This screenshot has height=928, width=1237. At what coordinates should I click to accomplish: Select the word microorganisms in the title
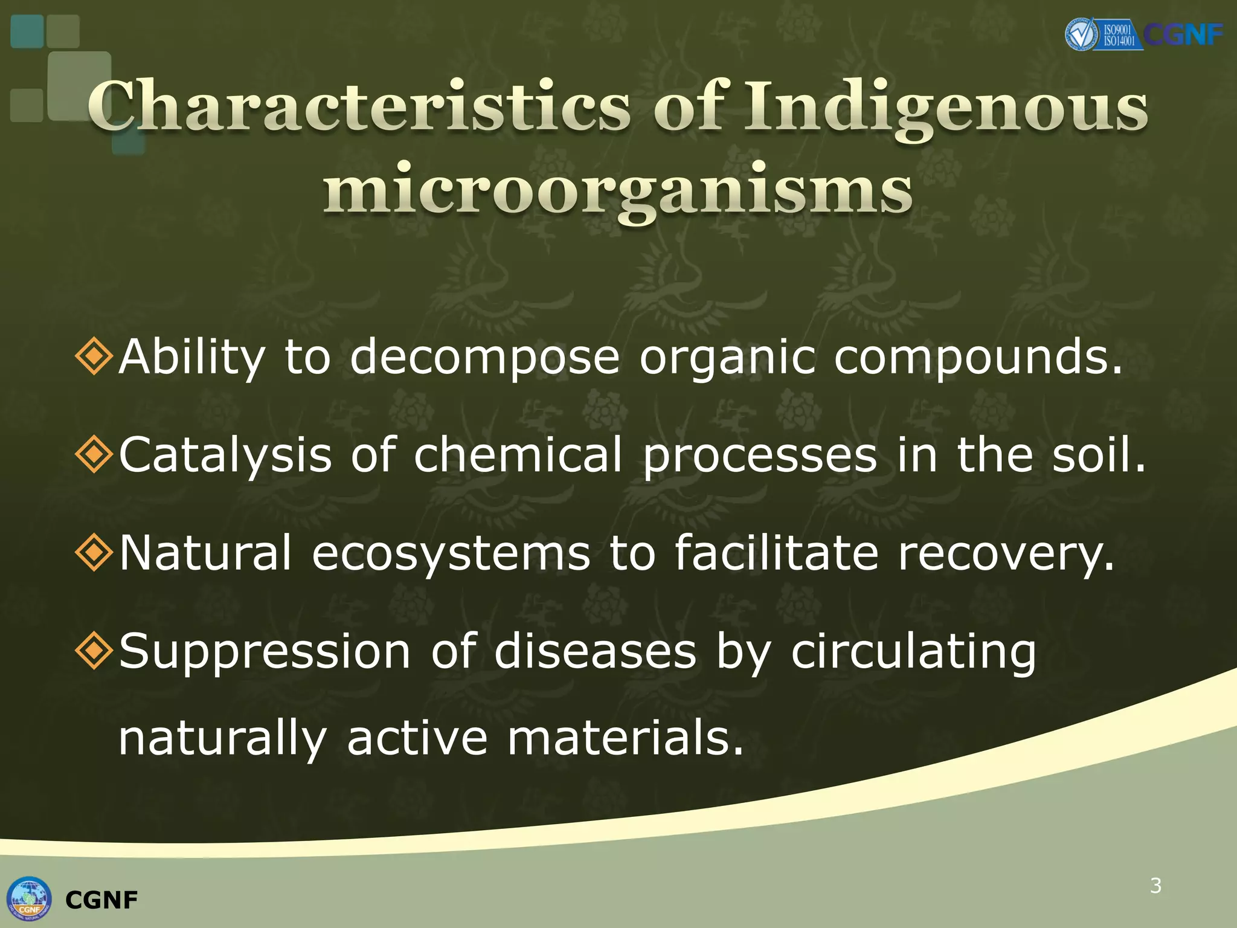tap(617, 190)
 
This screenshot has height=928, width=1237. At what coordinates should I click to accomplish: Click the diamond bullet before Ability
tap(94, 356)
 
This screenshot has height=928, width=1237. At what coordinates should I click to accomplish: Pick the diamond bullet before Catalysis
tap(94, 454)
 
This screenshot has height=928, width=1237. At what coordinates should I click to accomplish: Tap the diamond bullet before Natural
tap(94, 552)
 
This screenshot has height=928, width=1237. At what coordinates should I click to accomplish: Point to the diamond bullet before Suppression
tap(94, 651)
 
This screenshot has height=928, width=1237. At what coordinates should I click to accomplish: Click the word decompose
tap(484, 358)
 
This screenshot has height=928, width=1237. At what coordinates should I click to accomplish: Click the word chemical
tap(518, 454)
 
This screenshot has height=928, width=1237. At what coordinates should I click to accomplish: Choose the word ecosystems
tap(451, 553)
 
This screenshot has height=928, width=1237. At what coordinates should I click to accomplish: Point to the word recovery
tap(1005, 553)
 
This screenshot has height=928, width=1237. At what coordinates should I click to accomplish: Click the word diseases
tap(595, 651)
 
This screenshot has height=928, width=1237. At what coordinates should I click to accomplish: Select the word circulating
tap(913, 652)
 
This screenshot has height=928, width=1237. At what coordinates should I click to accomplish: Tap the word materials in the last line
tap(625, 738)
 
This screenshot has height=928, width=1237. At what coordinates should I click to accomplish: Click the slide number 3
tap(1155, 886)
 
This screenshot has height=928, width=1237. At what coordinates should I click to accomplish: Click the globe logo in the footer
tap(29, 898)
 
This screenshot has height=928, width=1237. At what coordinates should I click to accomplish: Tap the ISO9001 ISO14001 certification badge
tap(1104, 35)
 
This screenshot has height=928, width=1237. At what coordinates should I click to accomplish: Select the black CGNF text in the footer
tap(101, 900)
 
